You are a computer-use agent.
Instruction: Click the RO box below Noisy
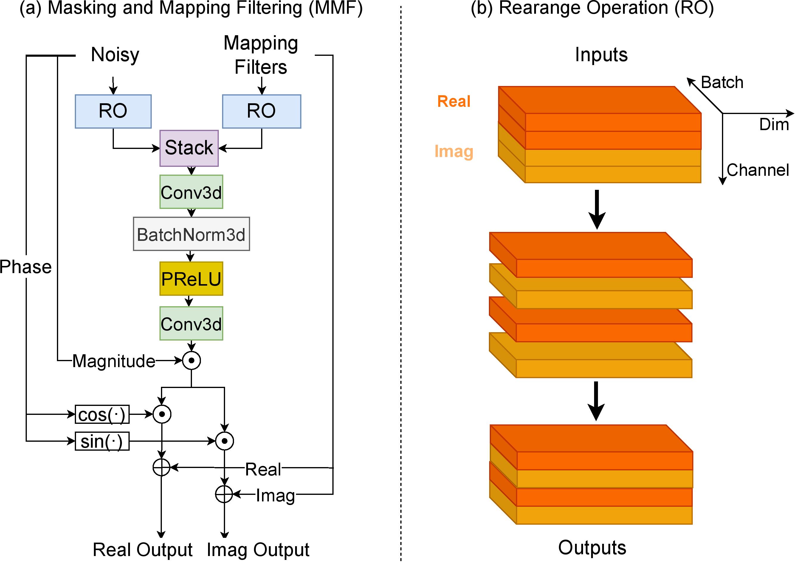click(x=113, y=111)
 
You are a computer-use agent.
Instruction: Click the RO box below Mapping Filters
click(x=261, y=111)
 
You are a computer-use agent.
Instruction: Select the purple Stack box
click(x=189, y=148)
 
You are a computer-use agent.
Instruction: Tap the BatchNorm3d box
click(x=191, y=234)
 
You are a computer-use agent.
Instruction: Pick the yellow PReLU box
click(x=191, y=279)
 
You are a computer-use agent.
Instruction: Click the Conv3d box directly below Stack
click(x=191, y=192)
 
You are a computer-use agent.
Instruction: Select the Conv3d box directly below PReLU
click(x=191, y=324)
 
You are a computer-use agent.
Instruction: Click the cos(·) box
click(x=102, y=414)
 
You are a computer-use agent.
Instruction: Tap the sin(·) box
click(x=102, y=441)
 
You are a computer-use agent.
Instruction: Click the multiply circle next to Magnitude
click(x=191, y=361)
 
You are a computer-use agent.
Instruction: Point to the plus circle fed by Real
click(x=162, y=467)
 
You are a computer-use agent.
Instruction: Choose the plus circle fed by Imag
click(x=224, y=494)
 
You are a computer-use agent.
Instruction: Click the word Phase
click(x=26, y=267)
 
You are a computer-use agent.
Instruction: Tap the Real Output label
click(x=143, y=549)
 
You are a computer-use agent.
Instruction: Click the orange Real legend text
click(x=454, y=101)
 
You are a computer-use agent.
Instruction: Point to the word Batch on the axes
click(x=722, y=82)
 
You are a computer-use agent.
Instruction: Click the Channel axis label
click(x=758, y=170)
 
